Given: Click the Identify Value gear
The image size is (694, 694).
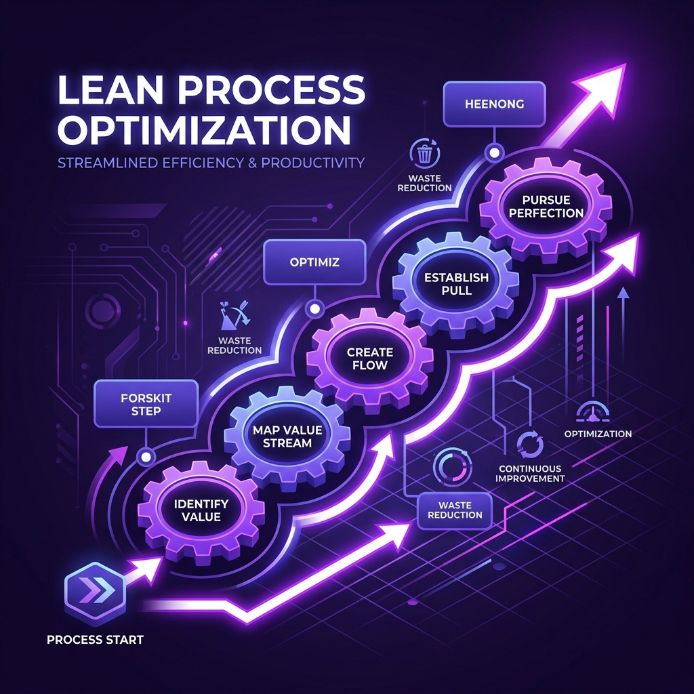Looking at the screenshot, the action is coord(201,510).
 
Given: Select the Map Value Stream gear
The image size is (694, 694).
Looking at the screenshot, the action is coord(287,436).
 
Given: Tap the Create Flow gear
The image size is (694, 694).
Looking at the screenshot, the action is coord(370,359).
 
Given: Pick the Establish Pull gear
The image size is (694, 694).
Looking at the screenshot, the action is coord(456,284).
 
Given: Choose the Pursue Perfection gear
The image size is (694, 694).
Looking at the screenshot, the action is coord(546,207).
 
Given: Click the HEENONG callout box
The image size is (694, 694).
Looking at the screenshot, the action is coord(494,104).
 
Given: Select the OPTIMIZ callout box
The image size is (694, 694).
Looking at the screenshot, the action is coord(314,262).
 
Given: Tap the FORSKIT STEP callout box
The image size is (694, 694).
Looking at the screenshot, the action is coord(146,404).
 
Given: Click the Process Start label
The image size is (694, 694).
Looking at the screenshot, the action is coord(95,640).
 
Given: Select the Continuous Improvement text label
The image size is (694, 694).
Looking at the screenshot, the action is coord(530,473).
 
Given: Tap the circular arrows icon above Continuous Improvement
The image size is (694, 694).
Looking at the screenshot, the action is coord(530,445).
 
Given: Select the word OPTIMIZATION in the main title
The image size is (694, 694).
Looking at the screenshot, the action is coord(204,129).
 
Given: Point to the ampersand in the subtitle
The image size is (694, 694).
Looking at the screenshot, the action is coord(252,163).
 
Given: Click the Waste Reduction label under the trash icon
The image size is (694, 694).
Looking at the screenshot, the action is coord(424,183).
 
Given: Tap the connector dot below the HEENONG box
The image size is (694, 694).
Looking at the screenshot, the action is coord(494,153).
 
